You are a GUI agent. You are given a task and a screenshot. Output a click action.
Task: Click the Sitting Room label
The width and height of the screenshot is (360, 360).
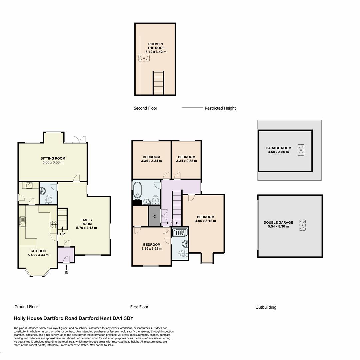pyautogui.click(x=53, y=158)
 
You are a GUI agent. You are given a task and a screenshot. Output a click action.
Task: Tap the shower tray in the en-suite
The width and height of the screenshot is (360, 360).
pyautogui.click(x=180, y=232)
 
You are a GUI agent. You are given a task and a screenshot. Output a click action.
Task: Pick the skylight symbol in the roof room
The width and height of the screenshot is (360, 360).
pyautogui.click(x=144, y=58)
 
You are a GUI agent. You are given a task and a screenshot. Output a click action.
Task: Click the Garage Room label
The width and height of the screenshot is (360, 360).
pyautogui.click(x=278, y=148)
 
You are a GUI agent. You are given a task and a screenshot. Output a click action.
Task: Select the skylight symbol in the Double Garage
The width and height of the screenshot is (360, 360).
pyautogui.click(x=302, y=225)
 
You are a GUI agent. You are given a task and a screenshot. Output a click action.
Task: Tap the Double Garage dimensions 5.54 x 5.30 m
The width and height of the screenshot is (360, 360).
pyautogui.click(x=278, y=227)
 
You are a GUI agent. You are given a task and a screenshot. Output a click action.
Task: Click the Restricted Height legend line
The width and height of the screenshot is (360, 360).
pyautogui.click(x=192, y=108)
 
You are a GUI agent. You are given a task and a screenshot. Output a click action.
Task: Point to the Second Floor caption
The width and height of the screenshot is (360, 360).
pyautogui.click(x=145, y=108)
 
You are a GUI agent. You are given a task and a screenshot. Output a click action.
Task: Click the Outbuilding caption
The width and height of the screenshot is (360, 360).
pyautogui.click(x=266, y=307)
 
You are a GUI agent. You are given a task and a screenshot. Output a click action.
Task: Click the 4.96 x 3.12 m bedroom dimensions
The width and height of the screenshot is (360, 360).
pyautogui.click(x=205, y=221)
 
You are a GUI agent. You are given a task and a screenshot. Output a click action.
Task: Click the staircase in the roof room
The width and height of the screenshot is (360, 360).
pyautogui.click(x=158, y=83)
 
